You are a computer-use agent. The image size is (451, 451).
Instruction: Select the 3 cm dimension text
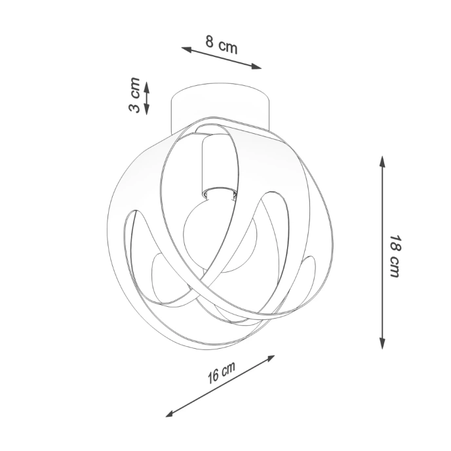tap(134, 96)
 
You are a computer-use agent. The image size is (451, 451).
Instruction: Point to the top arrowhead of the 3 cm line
tap(147, 85)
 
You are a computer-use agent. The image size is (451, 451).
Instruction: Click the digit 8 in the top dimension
tap(210, 43)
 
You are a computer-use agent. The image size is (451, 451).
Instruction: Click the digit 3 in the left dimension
tap(134, 107)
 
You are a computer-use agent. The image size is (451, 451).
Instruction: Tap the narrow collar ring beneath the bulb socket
tap(218, 193)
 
